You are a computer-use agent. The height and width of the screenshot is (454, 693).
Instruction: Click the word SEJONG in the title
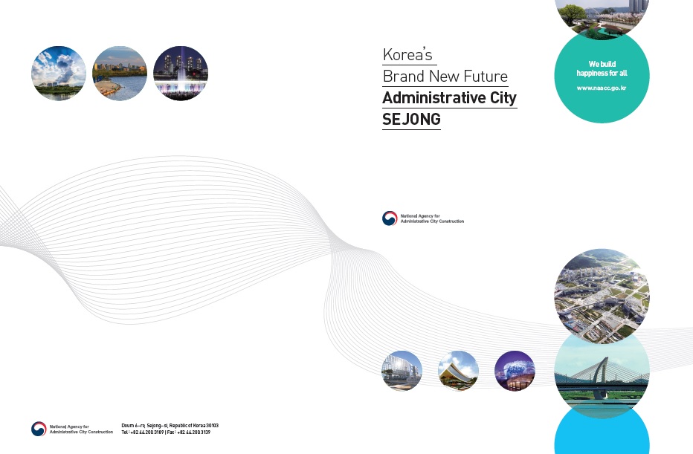(411, 119)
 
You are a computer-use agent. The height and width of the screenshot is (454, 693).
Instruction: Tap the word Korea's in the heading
(407, 55)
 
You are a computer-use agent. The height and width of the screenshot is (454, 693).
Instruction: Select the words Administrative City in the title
(449, 98)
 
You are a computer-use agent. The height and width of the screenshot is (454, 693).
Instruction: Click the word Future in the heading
(486, 77)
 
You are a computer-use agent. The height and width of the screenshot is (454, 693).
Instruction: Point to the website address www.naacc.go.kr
(602, 88)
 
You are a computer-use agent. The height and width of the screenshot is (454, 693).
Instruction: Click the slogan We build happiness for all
(602, 68)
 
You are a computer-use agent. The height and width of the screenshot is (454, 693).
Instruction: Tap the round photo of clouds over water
(59, 74)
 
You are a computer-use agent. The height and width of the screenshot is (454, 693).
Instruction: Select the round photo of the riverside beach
(120, 74)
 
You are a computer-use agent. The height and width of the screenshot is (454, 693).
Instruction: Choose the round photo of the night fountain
(181, 74)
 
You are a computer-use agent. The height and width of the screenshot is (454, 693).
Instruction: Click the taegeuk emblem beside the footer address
(39, 429)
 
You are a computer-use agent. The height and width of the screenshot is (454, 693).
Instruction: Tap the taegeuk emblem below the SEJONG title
(390, 218)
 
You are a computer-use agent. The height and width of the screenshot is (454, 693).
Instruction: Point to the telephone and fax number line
(166, 432)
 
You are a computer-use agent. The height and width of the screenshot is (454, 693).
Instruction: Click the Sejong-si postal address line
(170, 426)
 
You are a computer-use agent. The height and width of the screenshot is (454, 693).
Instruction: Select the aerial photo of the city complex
(602, 296)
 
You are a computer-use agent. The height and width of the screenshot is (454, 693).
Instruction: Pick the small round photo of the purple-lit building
(515, 371)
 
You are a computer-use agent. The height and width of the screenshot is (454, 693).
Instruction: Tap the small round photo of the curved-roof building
(458, 371)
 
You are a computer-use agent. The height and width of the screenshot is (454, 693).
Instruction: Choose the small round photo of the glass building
(402, 371)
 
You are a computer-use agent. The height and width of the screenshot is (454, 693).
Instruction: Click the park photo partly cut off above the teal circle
(602, 18)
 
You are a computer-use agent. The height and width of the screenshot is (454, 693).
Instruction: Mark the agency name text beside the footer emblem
(81, 429)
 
